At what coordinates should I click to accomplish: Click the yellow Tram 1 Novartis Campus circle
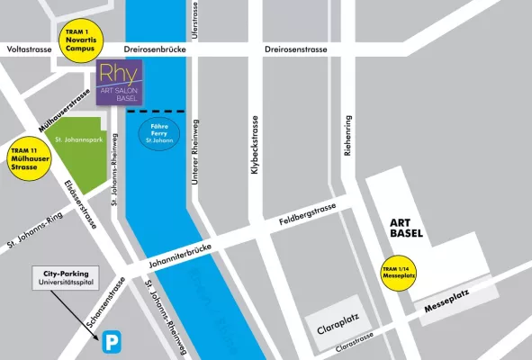tap(81, 40)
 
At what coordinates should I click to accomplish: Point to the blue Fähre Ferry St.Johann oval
tap(158, 137)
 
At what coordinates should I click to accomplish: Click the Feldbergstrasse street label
tap(308, 214)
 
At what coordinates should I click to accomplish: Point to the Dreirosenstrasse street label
tap(301, 51)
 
